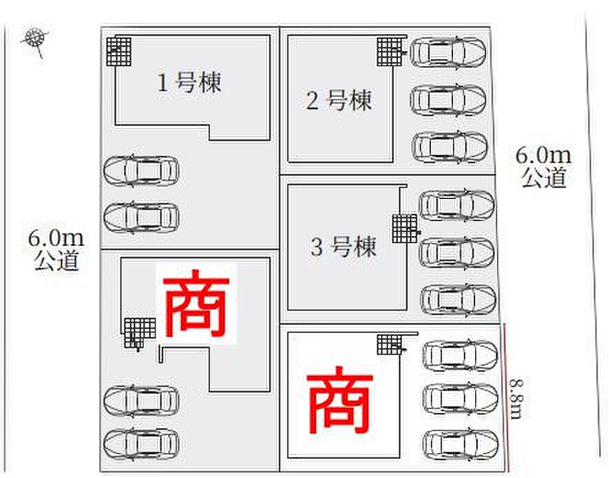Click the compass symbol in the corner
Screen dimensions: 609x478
point(35,39)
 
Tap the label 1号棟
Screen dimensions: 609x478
point(189,82)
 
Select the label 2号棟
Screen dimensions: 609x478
point(339,100)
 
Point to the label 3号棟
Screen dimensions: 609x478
point(343,247)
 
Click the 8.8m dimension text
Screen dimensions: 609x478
point(516,399)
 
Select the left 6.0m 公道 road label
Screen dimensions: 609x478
point(56,250)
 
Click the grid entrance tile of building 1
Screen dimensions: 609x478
point(119,51)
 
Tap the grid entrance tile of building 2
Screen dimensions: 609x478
point(389,51)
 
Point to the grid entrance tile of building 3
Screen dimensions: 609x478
point(405,229)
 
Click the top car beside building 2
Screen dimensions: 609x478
point(448,53)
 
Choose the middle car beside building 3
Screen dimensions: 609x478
point(457,252)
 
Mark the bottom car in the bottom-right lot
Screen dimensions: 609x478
point(460,444)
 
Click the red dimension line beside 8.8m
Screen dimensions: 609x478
point(507,397)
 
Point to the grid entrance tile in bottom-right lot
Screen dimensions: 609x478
point(389,344)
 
